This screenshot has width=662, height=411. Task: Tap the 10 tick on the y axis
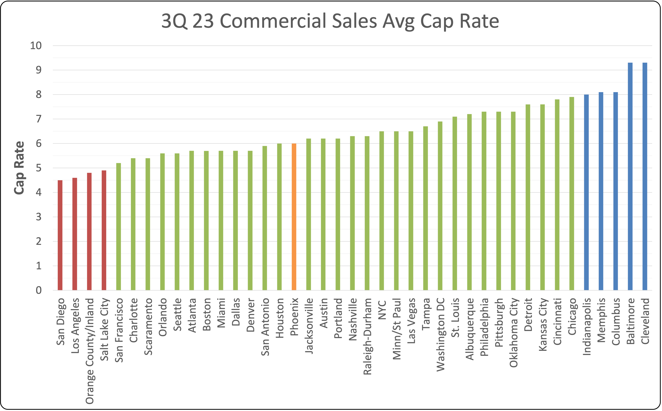(x=36, y=46)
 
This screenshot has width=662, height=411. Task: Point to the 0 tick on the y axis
(x=39, y=290)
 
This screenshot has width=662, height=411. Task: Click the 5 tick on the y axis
(x=39, y=168)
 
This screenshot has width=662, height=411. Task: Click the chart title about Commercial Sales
(x=330, y=21)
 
